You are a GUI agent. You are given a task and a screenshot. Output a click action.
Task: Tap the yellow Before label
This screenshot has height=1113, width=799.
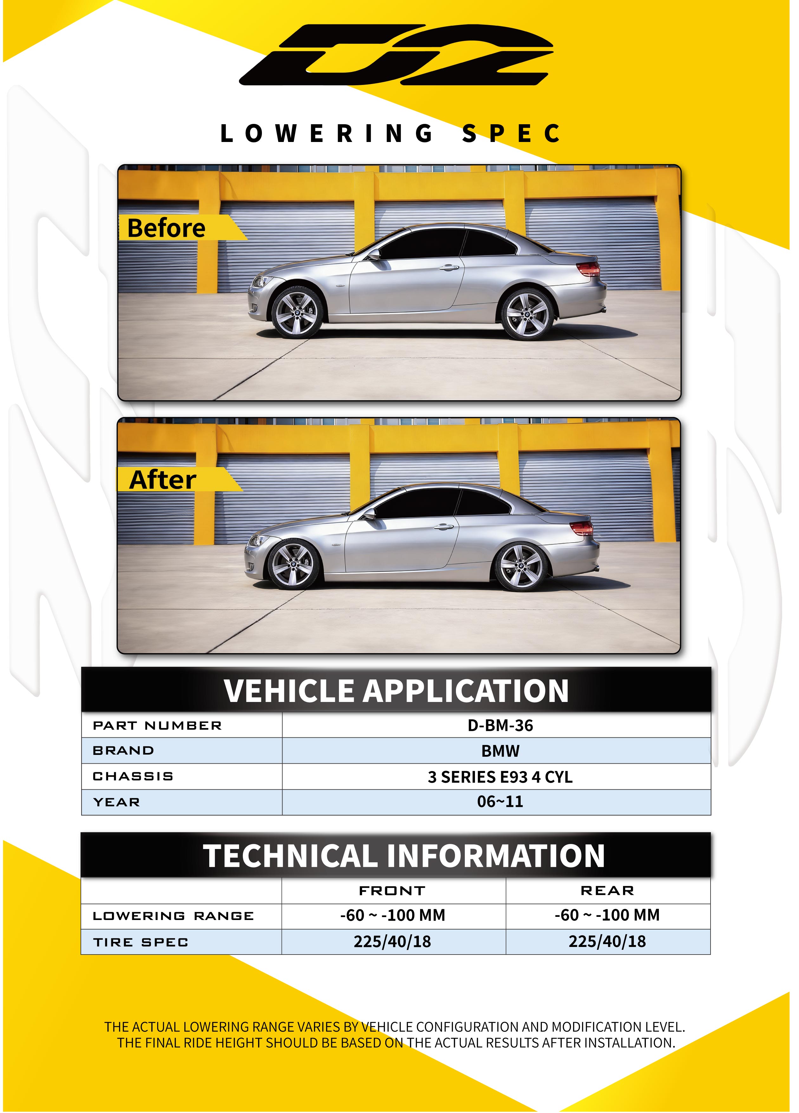[167, 228]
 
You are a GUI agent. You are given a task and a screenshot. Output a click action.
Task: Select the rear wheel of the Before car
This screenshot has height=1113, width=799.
[527, 314]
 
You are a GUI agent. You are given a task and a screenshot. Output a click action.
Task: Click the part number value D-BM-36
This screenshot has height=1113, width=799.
[500, 725]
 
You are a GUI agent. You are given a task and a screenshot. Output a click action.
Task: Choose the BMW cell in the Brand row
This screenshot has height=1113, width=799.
[500, 751]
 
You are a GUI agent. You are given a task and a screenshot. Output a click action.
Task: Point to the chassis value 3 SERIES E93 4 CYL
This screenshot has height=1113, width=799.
[500, 777]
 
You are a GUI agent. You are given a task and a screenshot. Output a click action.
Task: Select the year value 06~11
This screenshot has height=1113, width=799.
[500, 802]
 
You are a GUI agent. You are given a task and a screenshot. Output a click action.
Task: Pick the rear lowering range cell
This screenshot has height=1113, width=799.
[607, 915]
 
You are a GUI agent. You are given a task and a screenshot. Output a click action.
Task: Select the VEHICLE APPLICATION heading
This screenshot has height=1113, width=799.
[396, 691]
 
